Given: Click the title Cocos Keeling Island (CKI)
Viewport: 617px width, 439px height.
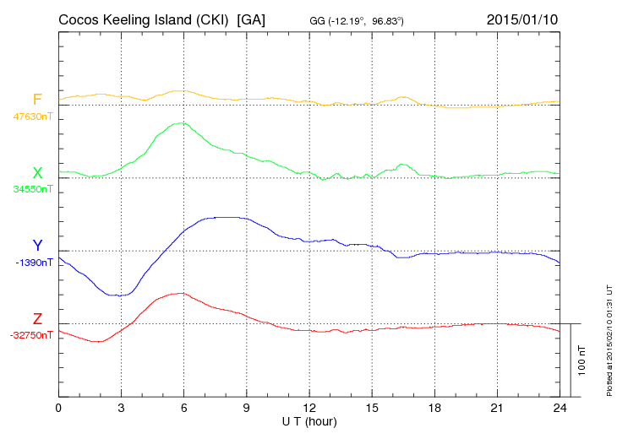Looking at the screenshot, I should coord(145,19).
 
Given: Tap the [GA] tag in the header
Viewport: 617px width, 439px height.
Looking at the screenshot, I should coord(252,19).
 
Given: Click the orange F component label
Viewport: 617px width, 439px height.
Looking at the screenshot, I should coord(37,100).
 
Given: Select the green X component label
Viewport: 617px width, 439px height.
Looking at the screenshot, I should coord(37,173).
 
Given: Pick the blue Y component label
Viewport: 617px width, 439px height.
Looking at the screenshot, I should coord(37,246).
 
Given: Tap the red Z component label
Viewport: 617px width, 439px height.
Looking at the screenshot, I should coord(37,319).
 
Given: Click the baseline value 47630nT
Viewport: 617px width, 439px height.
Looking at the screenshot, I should coord(32,117).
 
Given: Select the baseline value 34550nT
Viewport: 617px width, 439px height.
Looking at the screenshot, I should coord(32,189).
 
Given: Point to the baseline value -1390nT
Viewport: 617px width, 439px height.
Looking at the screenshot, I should coord(34,263).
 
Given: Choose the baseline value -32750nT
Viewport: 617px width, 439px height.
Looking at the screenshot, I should coord(32,335).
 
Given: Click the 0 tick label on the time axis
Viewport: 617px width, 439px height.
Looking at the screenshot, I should coord(58,408).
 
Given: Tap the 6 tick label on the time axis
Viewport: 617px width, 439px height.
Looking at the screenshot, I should coord(183,408).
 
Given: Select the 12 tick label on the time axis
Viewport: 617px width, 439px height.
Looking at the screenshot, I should coord(308,408).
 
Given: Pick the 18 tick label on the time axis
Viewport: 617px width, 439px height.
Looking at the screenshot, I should coord(434,408).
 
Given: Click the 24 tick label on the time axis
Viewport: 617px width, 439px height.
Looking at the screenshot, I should coord(559,408).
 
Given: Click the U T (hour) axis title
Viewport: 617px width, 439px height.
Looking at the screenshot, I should coord(308,420).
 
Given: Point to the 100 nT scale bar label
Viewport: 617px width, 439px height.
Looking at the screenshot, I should coord(582,360).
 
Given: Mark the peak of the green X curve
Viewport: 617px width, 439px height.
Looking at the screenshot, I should coord(180,123).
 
